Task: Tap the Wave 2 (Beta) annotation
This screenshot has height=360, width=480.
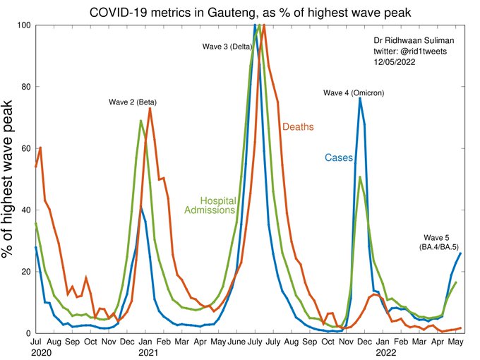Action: click(133, 102)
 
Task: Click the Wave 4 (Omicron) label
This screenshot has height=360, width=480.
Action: click(354, 92)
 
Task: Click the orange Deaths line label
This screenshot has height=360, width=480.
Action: click(298, 127)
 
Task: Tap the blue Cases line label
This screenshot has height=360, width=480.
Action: click(338, 157)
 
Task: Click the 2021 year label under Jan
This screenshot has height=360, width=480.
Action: click(148, 351)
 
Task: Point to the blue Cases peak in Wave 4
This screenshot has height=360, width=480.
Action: click(360, 98)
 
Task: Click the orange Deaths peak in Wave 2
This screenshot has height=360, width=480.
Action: click(150, 109)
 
